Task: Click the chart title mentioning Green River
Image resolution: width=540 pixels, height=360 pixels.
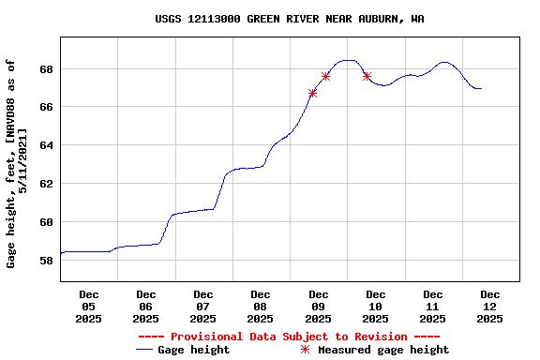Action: (x=289, y=19)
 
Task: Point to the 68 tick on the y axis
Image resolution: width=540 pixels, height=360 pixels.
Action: (x=46, y=69)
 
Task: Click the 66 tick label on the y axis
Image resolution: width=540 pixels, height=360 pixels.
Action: (x=46, y=108)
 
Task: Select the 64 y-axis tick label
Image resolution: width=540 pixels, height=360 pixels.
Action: (x=46, y=146)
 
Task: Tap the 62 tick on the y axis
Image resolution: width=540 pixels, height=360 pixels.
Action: (x=46, y=185)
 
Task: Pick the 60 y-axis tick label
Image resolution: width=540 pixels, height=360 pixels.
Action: (x=46, y=222)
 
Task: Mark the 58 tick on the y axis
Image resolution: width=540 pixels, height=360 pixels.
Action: (x=46, y=261)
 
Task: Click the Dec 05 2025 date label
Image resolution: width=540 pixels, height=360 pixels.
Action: (x=89, y=307)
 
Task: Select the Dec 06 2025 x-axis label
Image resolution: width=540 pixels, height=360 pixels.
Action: (x=146, y=307)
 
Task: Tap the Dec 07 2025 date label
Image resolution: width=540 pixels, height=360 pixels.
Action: (x=203, y=307)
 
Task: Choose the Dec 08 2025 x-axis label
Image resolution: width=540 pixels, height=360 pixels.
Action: (x=261, y=307)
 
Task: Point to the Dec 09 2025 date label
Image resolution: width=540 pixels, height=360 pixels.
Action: (x=319, y=307)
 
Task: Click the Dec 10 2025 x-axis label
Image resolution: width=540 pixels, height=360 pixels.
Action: (x=376, y=307)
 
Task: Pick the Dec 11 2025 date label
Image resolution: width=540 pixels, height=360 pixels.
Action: (x=433, y=307)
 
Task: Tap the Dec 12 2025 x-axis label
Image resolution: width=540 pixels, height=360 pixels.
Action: (x=490, y=307)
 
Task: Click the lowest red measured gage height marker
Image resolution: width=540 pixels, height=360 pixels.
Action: (x=312, y=93)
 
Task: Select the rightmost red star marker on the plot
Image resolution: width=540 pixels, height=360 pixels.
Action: (x=367, y=76)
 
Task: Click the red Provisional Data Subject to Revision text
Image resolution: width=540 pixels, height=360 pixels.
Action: (x=289, y=337)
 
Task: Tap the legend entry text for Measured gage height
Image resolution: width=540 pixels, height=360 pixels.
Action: (x=383, y=350)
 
